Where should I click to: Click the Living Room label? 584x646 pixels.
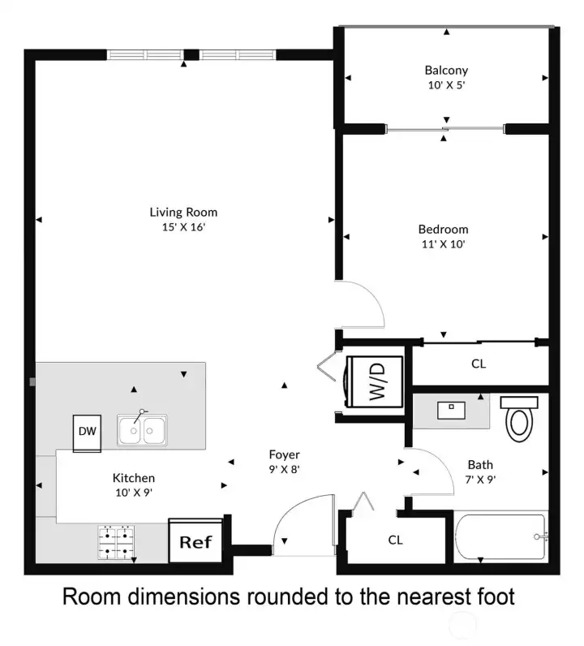pyautogui.click(x=183, y=212)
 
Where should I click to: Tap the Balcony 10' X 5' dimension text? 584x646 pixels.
pyautogui.click(x=446, y=85)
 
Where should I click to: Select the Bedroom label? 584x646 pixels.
pyautogui.click(x=443, y=229)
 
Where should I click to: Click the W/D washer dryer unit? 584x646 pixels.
pyautogui.click(x=375, y=381)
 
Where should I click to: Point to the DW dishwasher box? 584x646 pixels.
pyautogui.click(x=87, y=433)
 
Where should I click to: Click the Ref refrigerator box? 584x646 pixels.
pyautogui.click(x=196, y=541)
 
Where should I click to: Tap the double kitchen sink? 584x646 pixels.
pyautogui.click(x=142, y=429)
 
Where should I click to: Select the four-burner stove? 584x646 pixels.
pyautogui.click(x=116, y=542)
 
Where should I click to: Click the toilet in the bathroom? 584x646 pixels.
pyautogui.click(x=519, y=418)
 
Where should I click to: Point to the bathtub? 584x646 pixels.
pyautogui.click(x=501, y=536)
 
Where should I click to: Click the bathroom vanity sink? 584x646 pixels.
pyautogui.click(x=452, y=410)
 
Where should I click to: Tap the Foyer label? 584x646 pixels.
pyautogui.click(x=284, y=454)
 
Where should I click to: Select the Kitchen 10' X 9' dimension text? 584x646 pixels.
pyautogui.click(x=134, y=493)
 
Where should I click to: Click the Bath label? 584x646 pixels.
pyautogui.click(x=480, y=465)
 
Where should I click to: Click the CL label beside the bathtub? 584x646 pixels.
pyautogui.click(x=395, y=540)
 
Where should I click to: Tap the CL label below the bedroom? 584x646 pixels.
pyautogui.click(x=479, y=364)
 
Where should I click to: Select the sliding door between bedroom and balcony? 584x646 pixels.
pyautogui.click(x=445, y=129)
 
